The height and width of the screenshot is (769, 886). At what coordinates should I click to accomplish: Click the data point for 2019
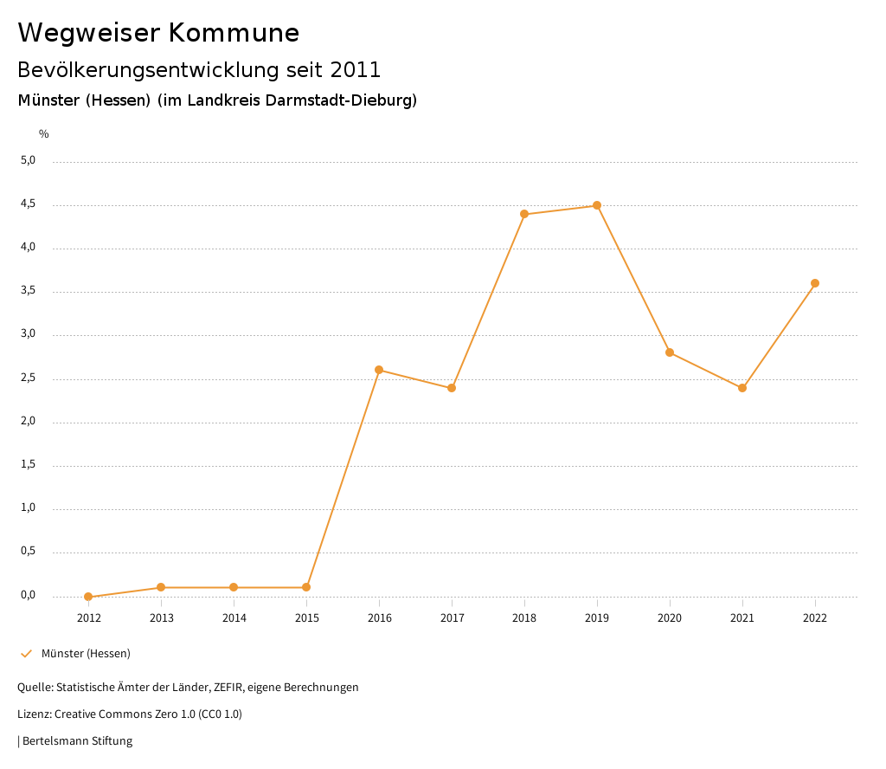coord(597,205)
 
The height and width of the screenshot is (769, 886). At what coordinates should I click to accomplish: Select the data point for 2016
coord(379,370)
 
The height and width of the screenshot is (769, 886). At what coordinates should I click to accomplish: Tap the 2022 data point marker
coord(815,283)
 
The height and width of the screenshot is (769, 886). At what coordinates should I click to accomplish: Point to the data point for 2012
coord(88,597)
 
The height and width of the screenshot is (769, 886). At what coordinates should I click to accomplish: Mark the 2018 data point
coord(524,214)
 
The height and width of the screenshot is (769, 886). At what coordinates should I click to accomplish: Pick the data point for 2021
coord(742,388)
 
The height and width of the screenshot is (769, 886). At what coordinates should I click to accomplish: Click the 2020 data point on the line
coord(670,352)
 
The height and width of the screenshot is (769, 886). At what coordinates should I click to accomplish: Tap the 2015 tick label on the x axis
coord(306,618)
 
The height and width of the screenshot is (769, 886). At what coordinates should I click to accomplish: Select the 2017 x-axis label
coord(452,618)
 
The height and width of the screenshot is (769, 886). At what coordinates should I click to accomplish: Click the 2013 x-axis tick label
coord(161,618)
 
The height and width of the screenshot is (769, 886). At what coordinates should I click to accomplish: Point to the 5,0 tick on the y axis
coord(28,160)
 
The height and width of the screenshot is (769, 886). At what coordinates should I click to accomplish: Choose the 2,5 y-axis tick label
coord(28,378)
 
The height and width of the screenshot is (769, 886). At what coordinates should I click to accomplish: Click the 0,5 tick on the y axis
coord(28,552)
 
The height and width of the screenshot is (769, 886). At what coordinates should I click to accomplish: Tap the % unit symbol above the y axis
coord(44,134)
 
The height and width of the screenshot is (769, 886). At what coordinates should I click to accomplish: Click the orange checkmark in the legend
coord(26,654)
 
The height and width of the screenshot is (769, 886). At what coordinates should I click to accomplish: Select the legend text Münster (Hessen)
coord(86,654)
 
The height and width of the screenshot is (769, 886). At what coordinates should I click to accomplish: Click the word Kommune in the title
coord(234,33)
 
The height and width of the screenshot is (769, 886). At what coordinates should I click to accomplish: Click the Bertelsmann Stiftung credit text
coord(77,741)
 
